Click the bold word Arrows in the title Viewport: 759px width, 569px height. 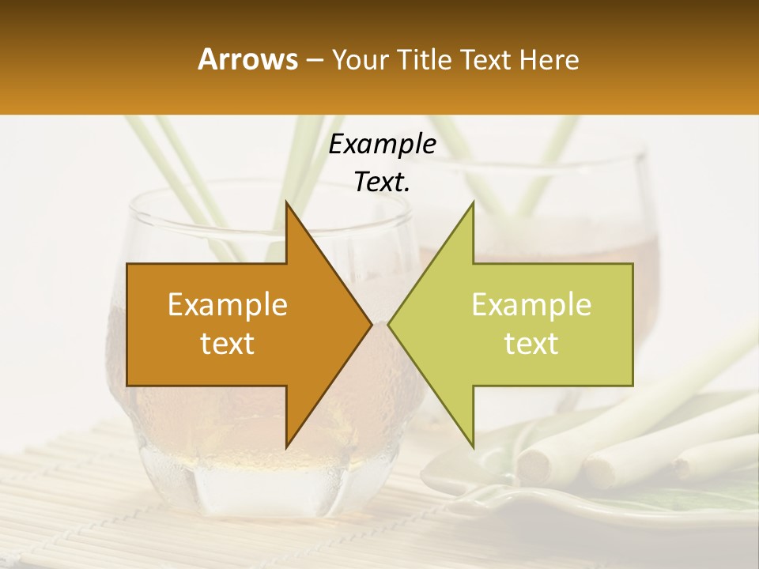click(x=248, y=59)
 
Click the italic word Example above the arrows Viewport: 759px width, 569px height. click(x=382, y=145)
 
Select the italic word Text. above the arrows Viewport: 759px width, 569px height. click(x=382, y=183)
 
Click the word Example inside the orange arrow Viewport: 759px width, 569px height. click(x=228, y=305)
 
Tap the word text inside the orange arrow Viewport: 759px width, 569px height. click(x=228, y=344)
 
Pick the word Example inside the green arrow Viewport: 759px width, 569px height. click(x=531, y=305)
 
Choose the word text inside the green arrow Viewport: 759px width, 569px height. click(x=531, y=344)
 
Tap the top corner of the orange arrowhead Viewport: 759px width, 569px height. click(x=287, y=203)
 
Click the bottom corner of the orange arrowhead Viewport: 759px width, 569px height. click(x=287, y=447)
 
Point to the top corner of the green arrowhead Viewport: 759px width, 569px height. click(x=472, y=203)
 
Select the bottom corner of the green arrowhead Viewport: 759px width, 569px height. click(x=472, y=447)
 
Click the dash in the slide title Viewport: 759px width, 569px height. click(x=314, y=61)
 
